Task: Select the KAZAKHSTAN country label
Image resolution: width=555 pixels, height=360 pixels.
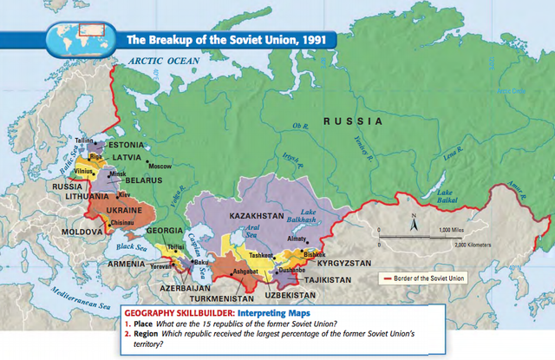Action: coord(266,214)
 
